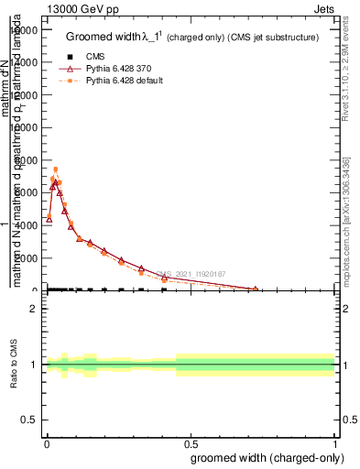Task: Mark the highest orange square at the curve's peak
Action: tap(55, 169)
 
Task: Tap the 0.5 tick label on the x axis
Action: tap(191, 445)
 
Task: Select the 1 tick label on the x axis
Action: tap(335, 445)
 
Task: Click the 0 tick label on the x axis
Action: tap(47, 445)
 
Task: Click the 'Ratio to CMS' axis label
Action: tap(14, 365)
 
